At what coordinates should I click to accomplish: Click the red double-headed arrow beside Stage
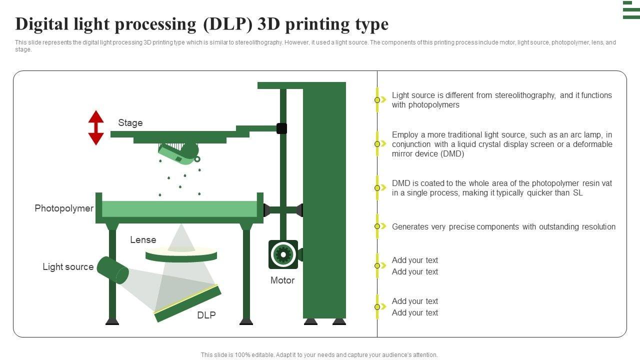(x=96, y=127)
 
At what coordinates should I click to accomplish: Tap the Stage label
(x=130, y=123)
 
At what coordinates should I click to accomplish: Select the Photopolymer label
(x=64, y=208)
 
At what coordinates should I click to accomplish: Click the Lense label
(x=143, y=239)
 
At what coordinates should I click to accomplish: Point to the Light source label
(x=68, y=267)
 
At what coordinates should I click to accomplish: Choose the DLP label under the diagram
(x=206, y=315)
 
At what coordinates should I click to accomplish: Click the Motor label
(x=282, y=280)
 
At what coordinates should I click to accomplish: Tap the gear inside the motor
(x=283, y=254)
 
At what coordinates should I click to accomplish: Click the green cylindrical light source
(x=113, y=270)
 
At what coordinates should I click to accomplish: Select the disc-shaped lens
(x=181, y=255)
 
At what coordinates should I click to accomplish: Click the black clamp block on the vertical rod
(x=281, y=128)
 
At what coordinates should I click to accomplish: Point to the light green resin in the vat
(x=179, y=209)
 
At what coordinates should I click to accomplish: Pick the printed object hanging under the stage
(x=179, y=153)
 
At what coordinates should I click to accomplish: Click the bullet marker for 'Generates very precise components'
(x=377, y=226)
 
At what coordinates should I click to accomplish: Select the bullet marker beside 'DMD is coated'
(x=377, y=187)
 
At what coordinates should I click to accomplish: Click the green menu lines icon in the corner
(x=631, y=10)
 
